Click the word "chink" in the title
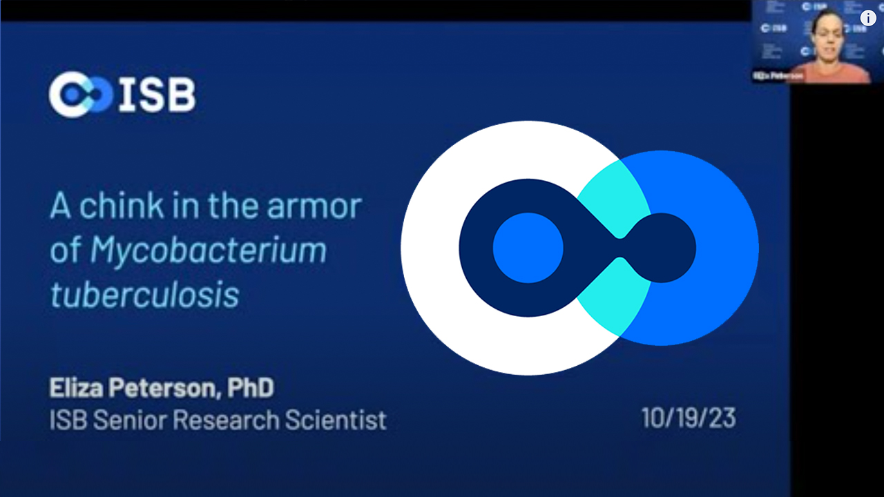click(122, 207)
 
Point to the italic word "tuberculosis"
click(144, 295)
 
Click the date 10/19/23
click(688, 418)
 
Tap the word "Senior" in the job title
click(131, 420)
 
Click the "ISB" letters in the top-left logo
click(157, 95)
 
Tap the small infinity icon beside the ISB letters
click(80, 95)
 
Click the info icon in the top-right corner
click(867, 18)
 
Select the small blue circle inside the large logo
click(528, 248)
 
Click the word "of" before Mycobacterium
click(65, 251)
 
